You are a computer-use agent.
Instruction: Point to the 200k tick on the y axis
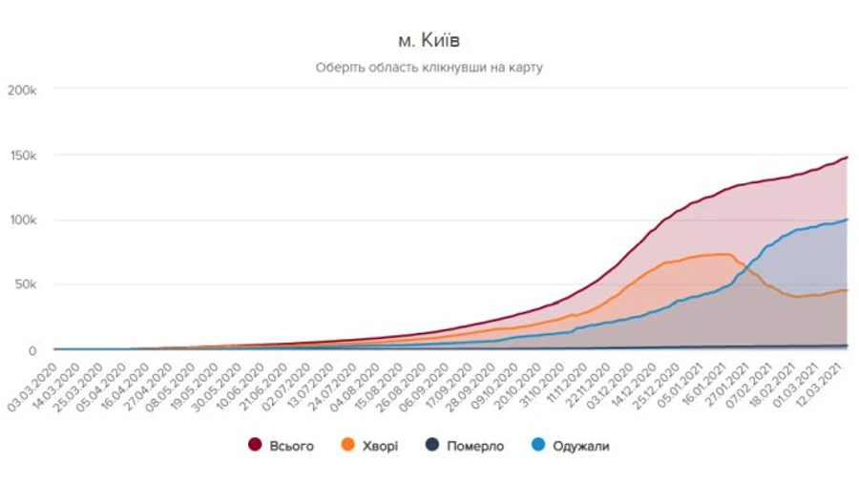coord(23,90)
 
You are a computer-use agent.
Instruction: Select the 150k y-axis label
coord(23,155)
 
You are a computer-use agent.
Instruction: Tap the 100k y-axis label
coord(23,220)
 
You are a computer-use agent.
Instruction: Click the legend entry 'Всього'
coord(281,446)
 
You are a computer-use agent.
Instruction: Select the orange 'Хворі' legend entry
coord(369,446)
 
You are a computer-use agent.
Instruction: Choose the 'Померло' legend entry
coord(464,446)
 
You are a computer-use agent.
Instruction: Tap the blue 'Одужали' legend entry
coord(570,446)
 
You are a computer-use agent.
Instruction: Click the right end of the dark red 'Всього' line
coord(848,157)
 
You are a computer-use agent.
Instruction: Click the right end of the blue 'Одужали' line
coord(848,220)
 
